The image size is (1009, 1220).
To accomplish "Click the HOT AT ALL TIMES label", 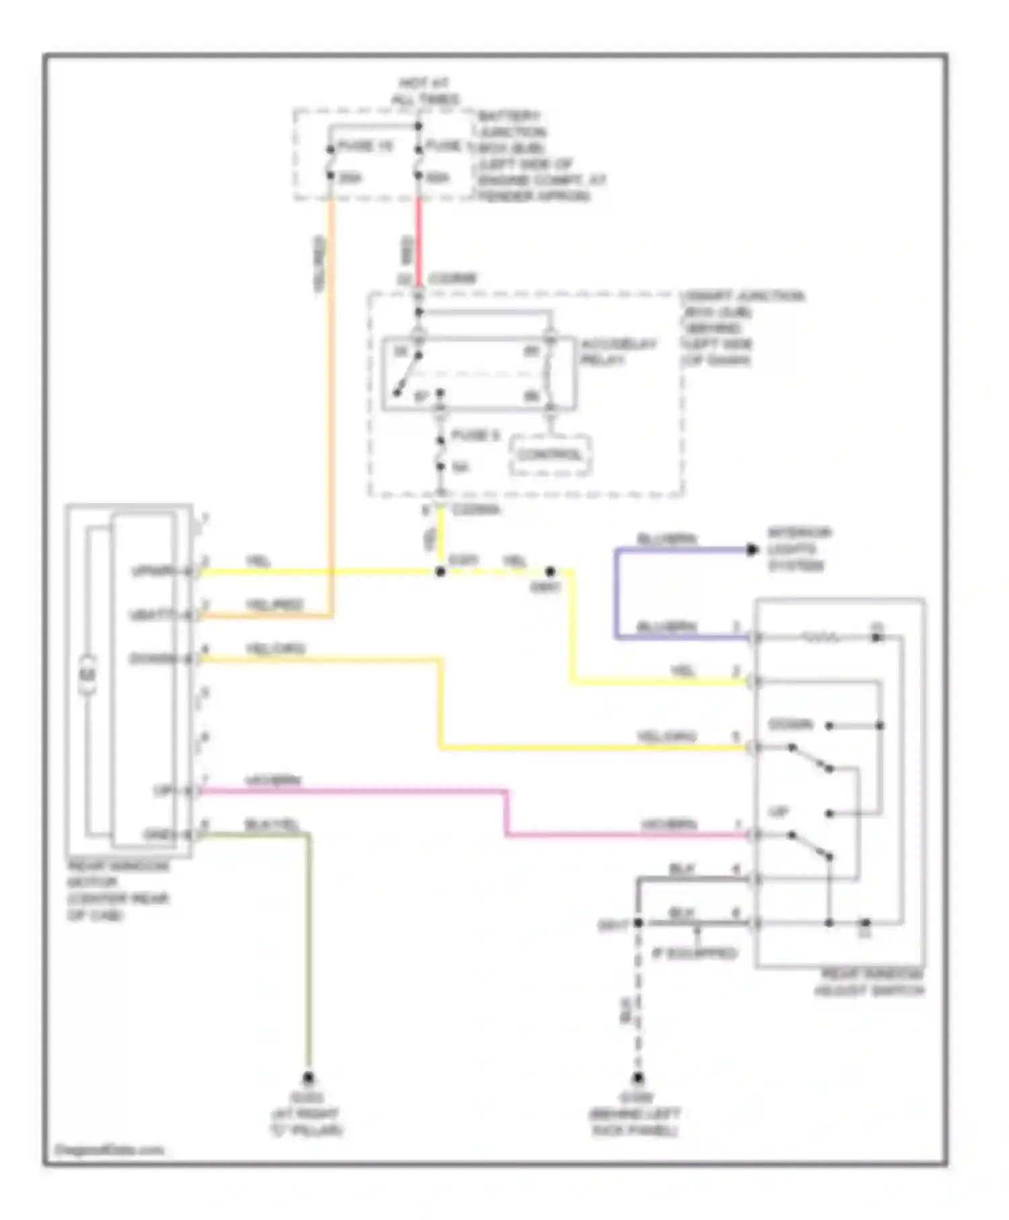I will pos(425,91).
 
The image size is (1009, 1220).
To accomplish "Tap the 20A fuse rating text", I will pos(350,178).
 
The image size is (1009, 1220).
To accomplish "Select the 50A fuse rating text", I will pos(438,178).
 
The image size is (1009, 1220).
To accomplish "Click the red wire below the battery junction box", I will pos(418,242).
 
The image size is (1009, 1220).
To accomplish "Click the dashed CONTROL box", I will pos(550,455).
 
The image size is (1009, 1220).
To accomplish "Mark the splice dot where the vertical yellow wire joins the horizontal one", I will pos(441,572).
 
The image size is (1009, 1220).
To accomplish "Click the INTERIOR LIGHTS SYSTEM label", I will pos(799,549).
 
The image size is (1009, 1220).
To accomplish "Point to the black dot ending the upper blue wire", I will pos(752,550).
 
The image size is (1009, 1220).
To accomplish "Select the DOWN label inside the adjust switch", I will pos(790,724).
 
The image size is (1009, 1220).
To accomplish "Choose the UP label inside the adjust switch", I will pos(778,812).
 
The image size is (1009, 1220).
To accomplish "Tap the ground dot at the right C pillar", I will pos(308,1077).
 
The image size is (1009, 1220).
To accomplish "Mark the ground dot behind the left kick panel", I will pos(638,1077).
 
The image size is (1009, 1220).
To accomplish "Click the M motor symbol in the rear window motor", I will pos(89,675).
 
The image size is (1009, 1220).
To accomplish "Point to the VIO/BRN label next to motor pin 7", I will pos(273,781).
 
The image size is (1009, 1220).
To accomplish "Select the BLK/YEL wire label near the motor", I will pos(272,825).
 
